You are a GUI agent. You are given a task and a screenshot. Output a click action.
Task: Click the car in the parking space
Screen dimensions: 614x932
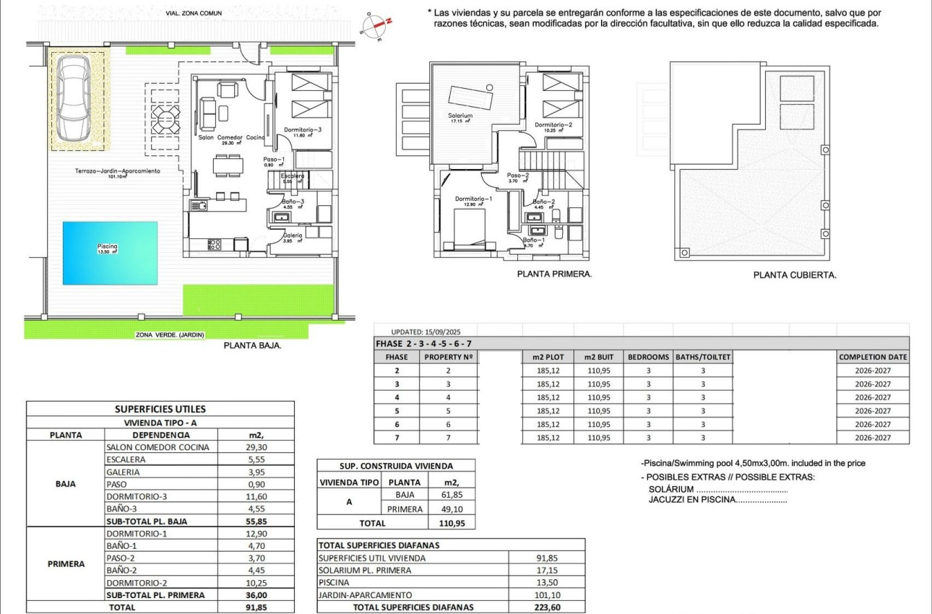pyautogui.click(x=74, y=98)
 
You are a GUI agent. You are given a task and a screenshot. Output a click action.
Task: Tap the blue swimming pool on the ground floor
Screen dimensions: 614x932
pyautogui.click(x=110, y=252)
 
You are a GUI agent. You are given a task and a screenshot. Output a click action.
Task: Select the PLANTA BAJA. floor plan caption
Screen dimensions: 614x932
pyautogui.click(x=252, y=345)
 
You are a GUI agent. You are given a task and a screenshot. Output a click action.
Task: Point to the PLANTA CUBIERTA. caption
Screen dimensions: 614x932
pyautogui.click(x=795, y=275)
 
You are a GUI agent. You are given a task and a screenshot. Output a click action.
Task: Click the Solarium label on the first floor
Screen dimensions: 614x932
pyautogui.click(x=460, y=116)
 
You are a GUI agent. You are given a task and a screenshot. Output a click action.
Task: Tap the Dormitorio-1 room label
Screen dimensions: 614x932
pyautogui.click(x=473, y=199)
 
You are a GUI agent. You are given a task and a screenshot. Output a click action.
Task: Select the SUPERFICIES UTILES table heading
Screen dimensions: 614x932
pyautogui.click(x=160, y=409)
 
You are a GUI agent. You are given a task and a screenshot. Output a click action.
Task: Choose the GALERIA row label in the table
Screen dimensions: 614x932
pyautogui.click(x=123, y=472)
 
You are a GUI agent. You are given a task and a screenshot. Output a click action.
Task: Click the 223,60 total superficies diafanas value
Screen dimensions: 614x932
pyautogui.click(x=548, y=607)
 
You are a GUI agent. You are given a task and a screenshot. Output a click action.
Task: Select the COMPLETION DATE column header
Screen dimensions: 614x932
pyautogui.click(x=873, y=357)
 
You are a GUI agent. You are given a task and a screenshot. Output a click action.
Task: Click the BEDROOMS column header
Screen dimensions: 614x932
pyautogui.click(x=648, y=357)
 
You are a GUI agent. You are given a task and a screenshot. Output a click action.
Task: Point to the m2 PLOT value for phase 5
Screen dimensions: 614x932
pyautogui.click(x=548, y=411)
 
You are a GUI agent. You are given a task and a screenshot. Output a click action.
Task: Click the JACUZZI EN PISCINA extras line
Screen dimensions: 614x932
pyautogui.click(x=717, y=499)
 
